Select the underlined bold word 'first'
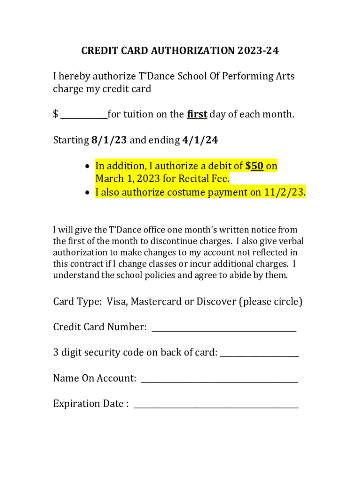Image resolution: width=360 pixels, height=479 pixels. [197, 114]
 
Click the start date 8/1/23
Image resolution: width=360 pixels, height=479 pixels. [109, 140]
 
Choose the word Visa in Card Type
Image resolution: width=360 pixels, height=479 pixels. [117, 302]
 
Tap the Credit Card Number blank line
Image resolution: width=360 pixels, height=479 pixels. [224, 330]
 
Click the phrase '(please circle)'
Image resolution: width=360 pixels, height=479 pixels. [271, 302]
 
